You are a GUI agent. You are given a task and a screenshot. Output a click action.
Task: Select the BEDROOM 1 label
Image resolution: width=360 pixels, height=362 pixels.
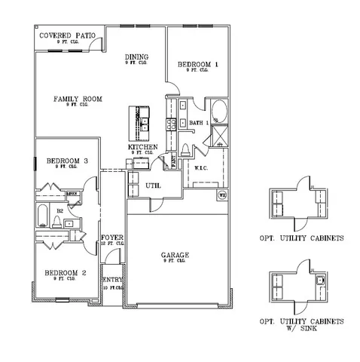[198, 65]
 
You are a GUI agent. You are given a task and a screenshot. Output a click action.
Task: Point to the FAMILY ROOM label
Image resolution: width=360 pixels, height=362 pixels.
[78, 99]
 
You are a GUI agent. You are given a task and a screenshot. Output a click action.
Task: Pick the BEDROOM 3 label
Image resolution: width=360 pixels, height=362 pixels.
[67, 161]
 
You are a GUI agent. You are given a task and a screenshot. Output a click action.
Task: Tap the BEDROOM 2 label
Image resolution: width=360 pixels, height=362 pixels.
[65, 272]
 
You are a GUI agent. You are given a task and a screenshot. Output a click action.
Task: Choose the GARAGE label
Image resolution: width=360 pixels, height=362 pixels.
[175, 256]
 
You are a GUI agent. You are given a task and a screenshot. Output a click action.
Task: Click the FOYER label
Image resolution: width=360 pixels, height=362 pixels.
[112, 238]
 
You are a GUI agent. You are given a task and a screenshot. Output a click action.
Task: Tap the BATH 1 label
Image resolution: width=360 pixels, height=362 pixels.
[199, 122]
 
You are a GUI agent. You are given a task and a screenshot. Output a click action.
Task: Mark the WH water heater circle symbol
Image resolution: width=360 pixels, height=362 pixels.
[222, 196]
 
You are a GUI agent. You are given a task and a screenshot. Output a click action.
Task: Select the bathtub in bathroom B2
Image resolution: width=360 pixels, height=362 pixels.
[42, 214]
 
